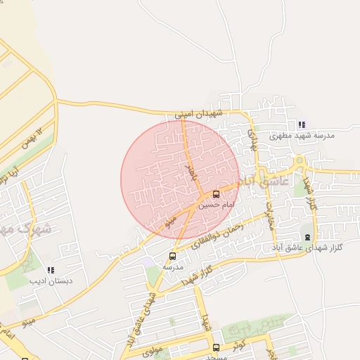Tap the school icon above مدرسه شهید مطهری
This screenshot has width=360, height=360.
pos(302,124)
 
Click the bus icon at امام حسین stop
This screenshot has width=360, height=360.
pos(216,194)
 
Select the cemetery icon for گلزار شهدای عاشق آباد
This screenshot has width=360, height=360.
pos(307,237)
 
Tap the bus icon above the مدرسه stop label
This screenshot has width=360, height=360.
pos(173,256)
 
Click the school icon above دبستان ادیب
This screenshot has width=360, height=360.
pos(50,270)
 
